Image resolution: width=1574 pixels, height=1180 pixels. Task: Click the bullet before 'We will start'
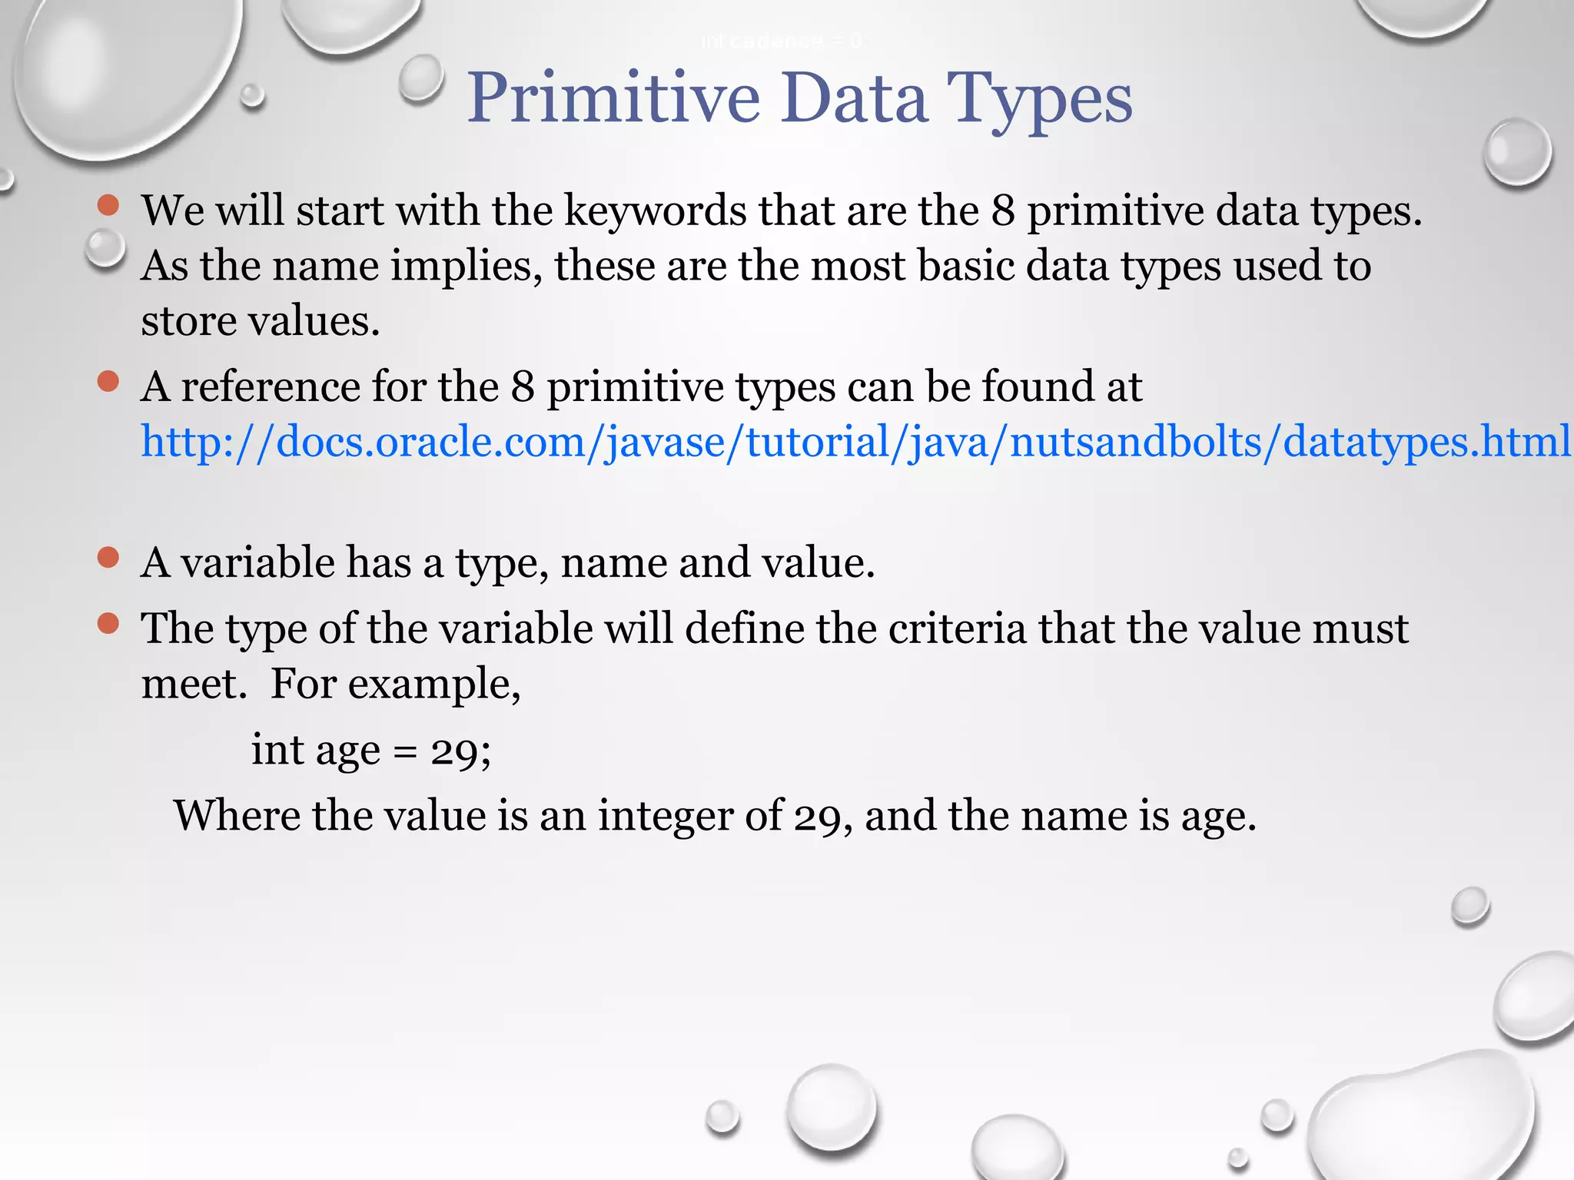(108, 205)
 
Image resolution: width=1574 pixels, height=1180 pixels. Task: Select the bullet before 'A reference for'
(108, 382)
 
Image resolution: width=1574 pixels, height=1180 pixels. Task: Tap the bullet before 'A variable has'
(108, 558)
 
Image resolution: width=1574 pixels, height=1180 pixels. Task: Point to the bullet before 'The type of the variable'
(108, 624)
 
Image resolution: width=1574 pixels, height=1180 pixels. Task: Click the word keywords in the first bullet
(655, 210)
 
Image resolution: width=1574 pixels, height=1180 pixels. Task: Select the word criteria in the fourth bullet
(957, 628)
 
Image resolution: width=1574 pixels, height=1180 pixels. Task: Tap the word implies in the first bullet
(466, 266)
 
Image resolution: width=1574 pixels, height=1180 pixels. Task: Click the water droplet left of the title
(421, 78)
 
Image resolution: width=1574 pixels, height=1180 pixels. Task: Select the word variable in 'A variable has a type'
(257, 562)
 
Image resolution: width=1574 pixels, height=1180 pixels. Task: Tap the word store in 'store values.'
(188, 321)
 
